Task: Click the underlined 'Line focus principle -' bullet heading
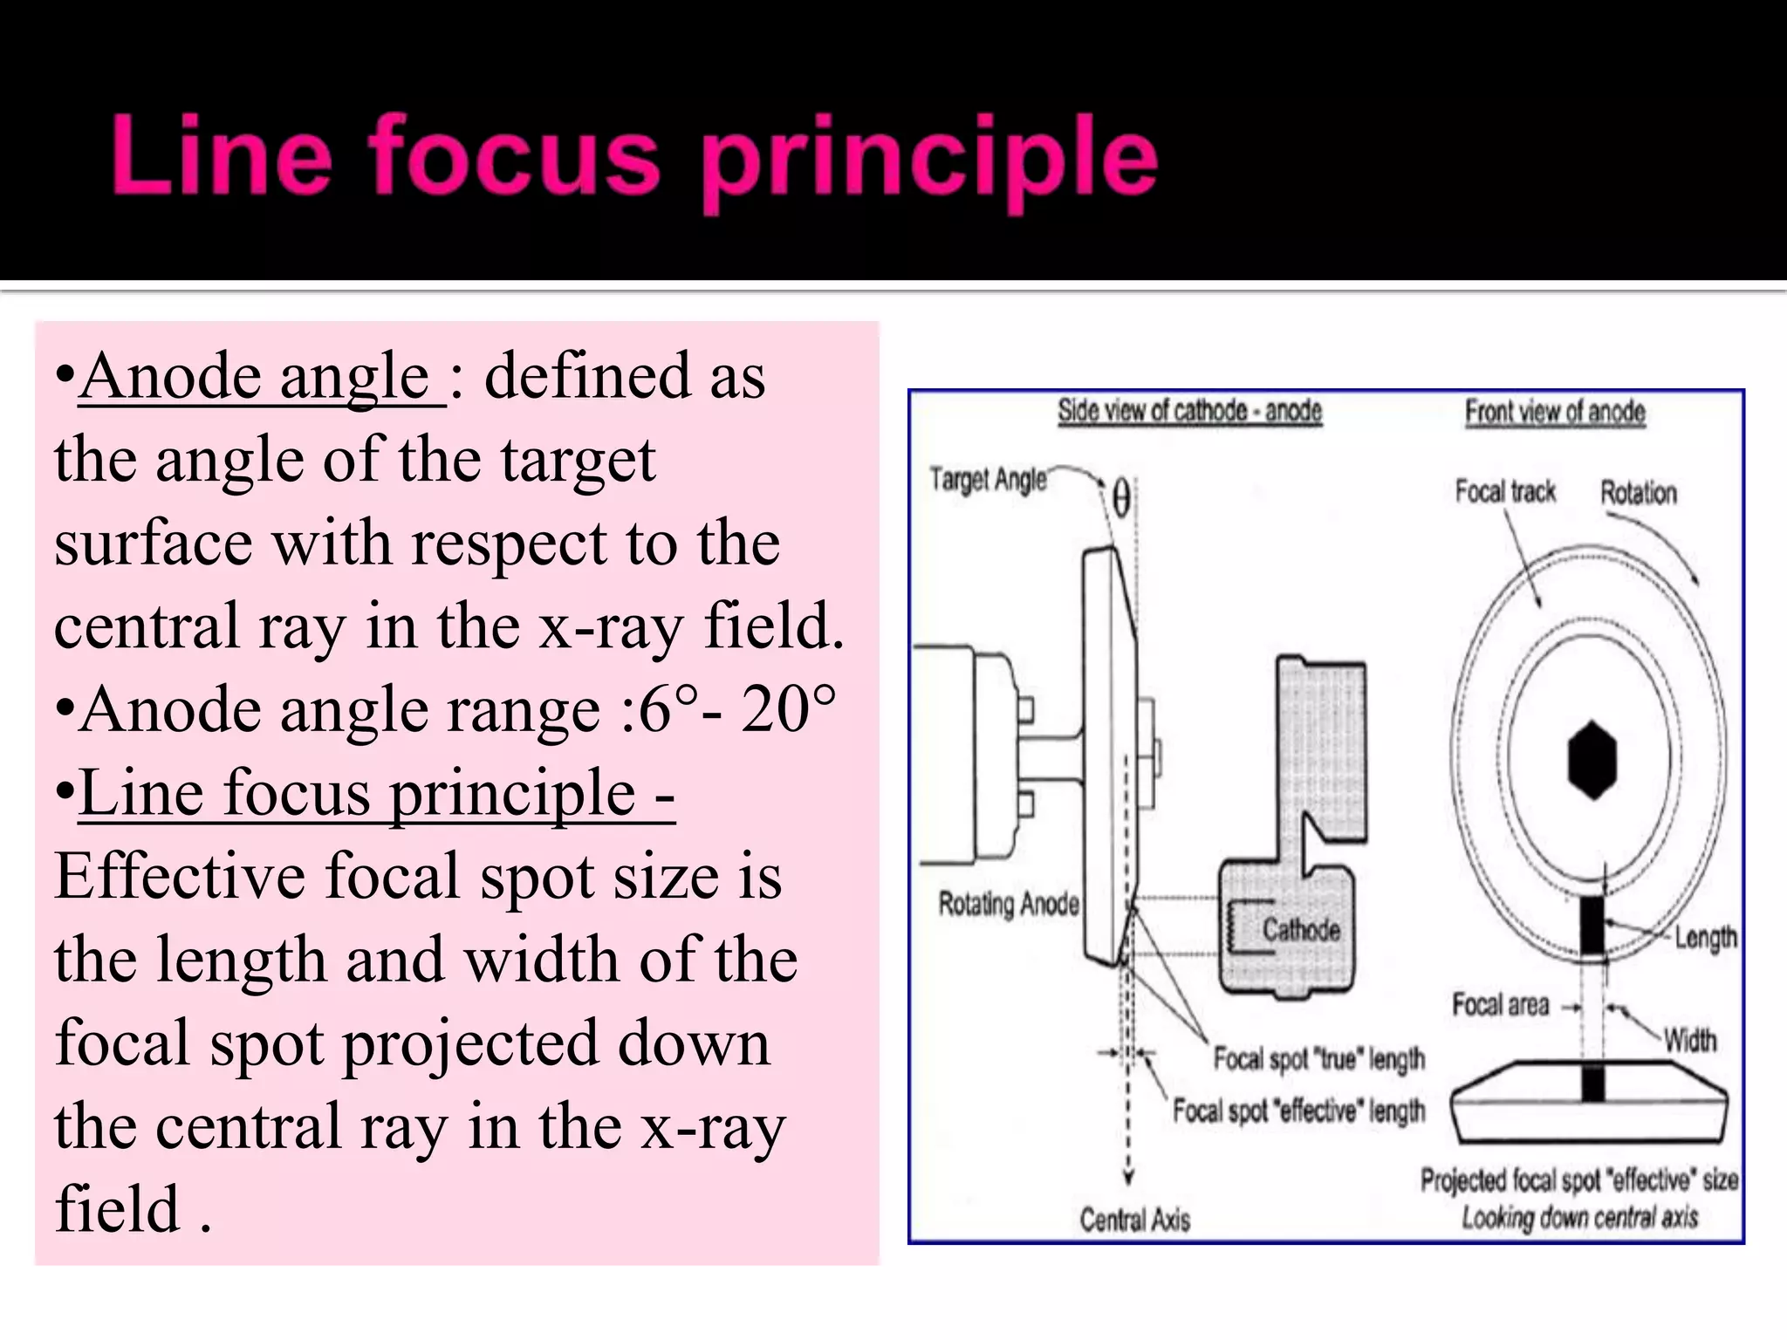[376, 793]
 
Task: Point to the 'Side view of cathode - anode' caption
[1189, 411]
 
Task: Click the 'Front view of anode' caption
[1555, 412]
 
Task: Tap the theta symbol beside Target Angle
[1121, 500]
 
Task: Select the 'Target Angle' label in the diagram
[988, 480]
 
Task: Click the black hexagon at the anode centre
[1592, 760]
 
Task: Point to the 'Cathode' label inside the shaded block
[1301, 930]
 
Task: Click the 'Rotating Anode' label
[1009, 904]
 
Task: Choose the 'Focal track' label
[1505, 492]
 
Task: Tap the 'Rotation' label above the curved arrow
[1638, 493]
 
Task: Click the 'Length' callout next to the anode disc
[1705, 938]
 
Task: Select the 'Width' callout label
[1689, 1040]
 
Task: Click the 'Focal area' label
[1501, 1005]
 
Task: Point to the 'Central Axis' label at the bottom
[1134, 1219]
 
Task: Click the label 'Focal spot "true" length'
[1318, 1059]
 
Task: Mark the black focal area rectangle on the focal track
[1592, 926]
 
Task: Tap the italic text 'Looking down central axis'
[1579, 1217]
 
